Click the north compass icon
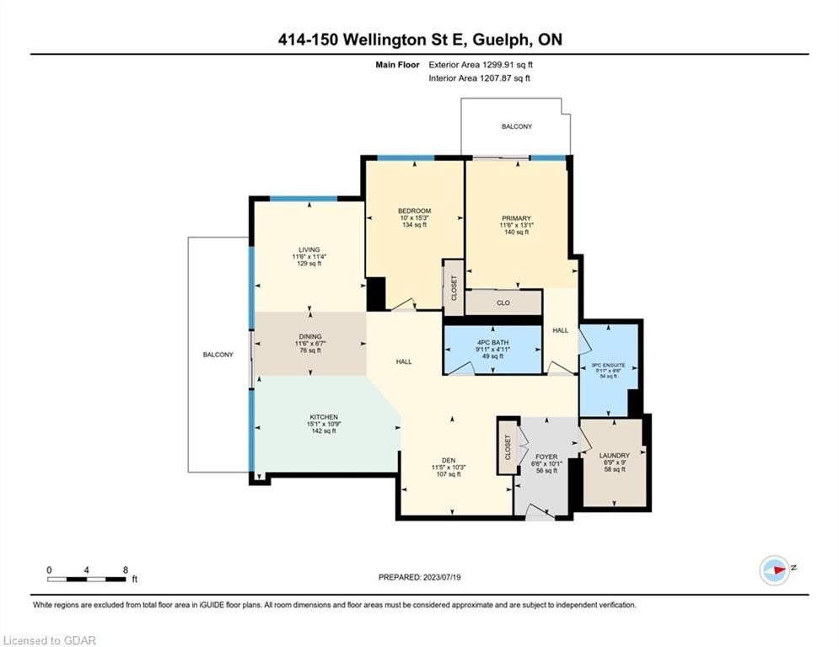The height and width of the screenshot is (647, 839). (774, 570)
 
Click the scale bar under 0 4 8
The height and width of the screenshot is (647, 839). (87, 579)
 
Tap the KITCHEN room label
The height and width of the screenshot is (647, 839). (324, 417)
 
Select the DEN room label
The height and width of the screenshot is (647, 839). (449, 460)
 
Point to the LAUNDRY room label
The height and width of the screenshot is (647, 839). (614, 456)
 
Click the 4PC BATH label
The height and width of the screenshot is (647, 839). (492, 342)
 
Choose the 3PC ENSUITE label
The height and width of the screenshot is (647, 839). (608, 366)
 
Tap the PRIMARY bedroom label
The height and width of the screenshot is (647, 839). (516, 218)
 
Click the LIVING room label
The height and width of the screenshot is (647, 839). (309, 249)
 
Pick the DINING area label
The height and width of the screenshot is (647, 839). (310, 337)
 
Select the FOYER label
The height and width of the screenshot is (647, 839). (546, 457)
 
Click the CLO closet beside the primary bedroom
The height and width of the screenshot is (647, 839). (503, 302)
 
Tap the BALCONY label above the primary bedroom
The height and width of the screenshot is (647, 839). (517, 126)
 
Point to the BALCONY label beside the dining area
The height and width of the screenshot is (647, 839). (218, 355)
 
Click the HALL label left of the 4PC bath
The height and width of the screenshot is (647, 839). (404, 361)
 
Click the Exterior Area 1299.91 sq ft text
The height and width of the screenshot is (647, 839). (481, 65)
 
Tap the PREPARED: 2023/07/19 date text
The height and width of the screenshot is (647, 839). (420, 577)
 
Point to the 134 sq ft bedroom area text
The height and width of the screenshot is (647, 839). (414, 225)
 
